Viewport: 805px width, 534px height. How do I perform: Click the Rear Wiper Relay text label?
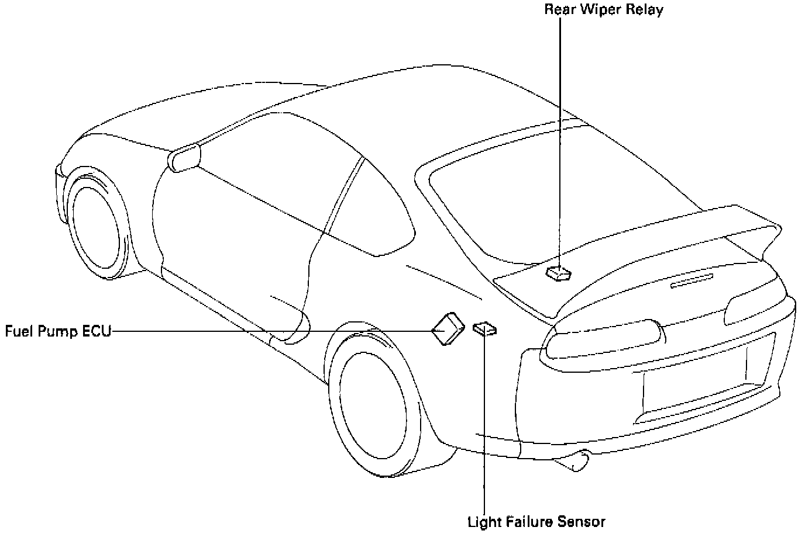(603, 10)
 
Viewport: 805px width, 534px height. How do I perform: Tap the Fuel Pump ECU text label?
(58, 331)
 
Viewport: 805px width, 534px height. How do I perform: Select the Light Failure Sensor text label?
(536, 522)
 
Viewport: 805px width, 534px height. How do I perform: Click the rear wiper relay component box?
(559, 273)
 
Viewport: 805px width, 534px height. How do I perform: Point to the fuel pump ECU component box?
(447, 328)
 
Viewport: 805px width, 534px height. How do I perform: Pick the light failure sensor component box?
(485, 329)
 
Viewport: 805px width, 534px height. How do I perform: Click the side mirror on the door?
(184, 157)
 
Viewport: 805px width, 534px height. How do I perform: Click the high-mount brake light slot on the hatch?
(692, 281)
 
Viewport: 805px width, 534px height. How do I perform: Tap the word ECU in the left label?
(96, 331)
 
